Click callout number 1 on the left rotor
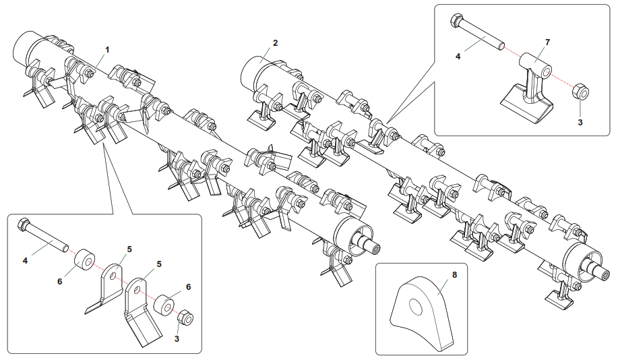tap(106, 50)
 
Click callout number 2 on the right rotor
tap(275, 43)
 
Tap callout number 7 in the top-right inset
tap(547, 42)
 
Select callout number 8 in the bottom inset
tap(454, 275)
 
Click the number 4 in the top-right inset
tap(458, 57)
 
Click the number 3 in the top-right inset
tap(580, 122)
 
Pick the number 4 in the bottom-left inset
tap(25, 261)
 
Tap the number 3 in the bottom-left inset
tap(177, 338)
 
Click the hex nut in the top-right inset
tap(580, 92)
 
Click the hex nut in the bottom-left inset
tap(185, 317)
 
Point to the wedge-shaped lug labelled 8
tap(421, 311)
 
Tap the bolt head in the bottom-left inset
tap(24, 224)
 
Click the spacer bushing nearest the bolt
tap(85, 260)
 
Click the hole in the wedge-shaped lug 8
tap(415, 305)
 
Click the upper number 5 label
tap(129, 249)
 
